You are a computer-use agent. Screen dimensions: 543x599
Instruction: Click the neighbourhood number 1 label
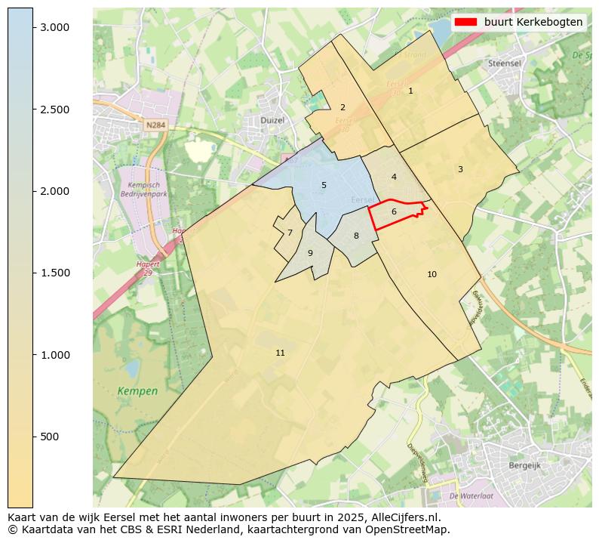tap(410, 91)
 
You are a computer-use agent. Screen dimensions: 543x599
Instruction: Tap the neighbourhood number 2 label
tap(343, 107)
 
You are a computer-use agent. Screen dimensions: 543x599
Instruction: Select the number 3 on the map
tap(460, 169)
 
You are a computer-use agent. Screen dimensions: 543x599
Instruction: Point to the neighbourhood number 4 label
tap(394, 177)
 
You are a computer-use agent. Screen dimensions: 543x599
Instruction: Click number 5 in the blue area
tap(324, 185)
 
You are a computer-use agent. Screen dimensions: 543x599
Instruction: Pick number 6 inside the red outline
tap(394, 211)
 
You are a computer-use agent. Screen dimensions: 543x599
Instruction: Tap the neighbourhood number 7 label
tap(290, 233)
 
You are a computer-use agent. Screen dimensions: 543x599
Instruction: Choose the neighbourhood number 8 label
tap(356, 236)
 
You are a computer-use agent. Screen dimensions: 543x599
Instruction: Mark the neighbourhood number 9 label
tap(310, 253)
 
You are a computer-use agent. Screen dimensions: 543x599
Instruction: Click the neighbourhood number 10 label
tap(432, 274)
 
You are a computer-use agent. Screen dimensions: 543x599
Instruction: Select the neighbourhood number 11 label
tap(280, 353)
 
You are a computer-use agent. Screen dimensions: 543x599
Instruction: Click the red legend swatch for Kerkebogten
tap(466, 22)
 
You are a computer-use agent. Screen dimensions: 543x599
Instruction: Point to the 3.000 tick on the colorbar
tap(54, 27)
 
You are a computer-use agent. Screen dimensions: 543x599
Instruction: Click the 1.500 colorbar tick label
tap(54, 273)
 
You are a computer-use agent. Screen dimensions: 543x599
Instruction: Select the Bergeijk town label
tap(525, 466)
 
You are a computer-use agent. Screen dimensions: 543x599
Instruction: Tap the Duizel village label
tap(271, 119)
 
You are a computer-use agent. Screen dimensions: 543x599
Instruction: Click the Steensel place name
tap(505, 64)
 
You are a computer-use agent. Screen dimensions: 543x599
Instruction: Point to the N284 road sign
tap(156, 125)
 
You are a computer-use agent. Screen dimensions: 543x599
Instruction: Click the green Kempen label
tap(137, 391)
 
